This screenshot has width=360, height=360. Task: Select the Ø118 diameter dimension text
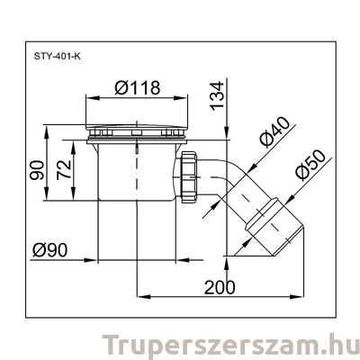[138, 89]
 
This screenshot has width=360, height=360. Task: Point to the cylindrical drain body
[135, 171]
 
